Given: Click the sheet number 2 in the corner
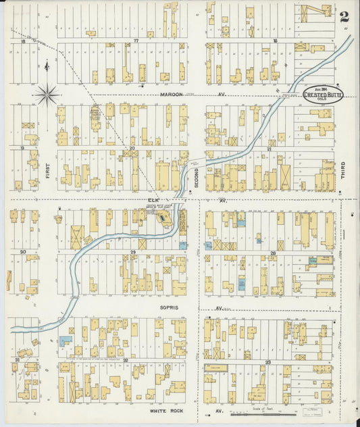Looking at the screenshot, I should (x=344, y=16).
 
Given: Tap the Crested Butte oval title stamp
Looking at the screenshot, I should (x=324, y=95).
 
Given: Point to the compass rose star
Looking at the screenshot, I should (x=47, y=95).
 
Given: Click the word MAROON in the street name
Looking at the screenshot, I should (x=170, y=95).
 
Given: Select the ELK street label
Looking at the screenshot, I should (x=152, y=200).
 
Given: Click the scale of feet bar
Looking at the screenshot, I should (x=267, y=413).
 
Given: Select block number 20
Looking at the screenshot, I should (x=132, y=147).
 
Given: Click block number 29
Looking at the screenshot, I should (x=133, y=252).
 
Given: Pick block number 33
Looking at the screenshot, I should (x=268, y=363).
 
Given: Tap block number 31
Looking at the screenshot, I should (x=16, y=360).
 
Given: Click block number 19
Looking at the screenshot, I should (x=22, y=147).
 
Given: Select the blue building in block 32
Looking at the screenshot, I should (x=65, y=341).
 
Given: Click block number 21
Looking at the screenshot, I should (x=269, y=148).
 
